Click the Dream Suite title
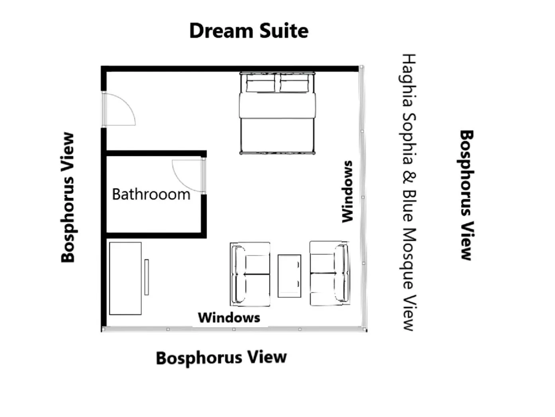(249, 31)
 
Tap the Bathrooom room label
(151, 194)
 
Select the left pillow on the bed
(261, 84)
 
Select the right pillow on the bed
(294, 84)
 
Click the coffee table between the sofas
(289, 276)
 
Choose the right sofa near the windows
(329, 273)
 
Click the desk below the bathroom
(125, 278)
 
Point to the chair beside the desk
(147, 277)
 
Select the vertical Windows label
(348, 192)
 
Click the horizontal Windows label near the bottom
(229, 318)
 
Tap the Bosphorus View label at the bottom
(221, 358)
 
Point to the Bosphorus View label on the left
(68, 198)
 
